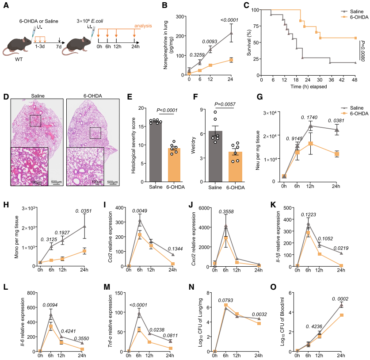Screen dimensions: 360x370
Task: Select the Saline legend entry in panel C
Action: [343, 10]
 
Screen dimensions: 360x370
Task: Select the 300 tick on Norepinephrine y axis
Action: [180, 16]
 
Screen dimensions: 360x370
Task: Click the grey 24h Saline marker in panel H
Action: [84, 226]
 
